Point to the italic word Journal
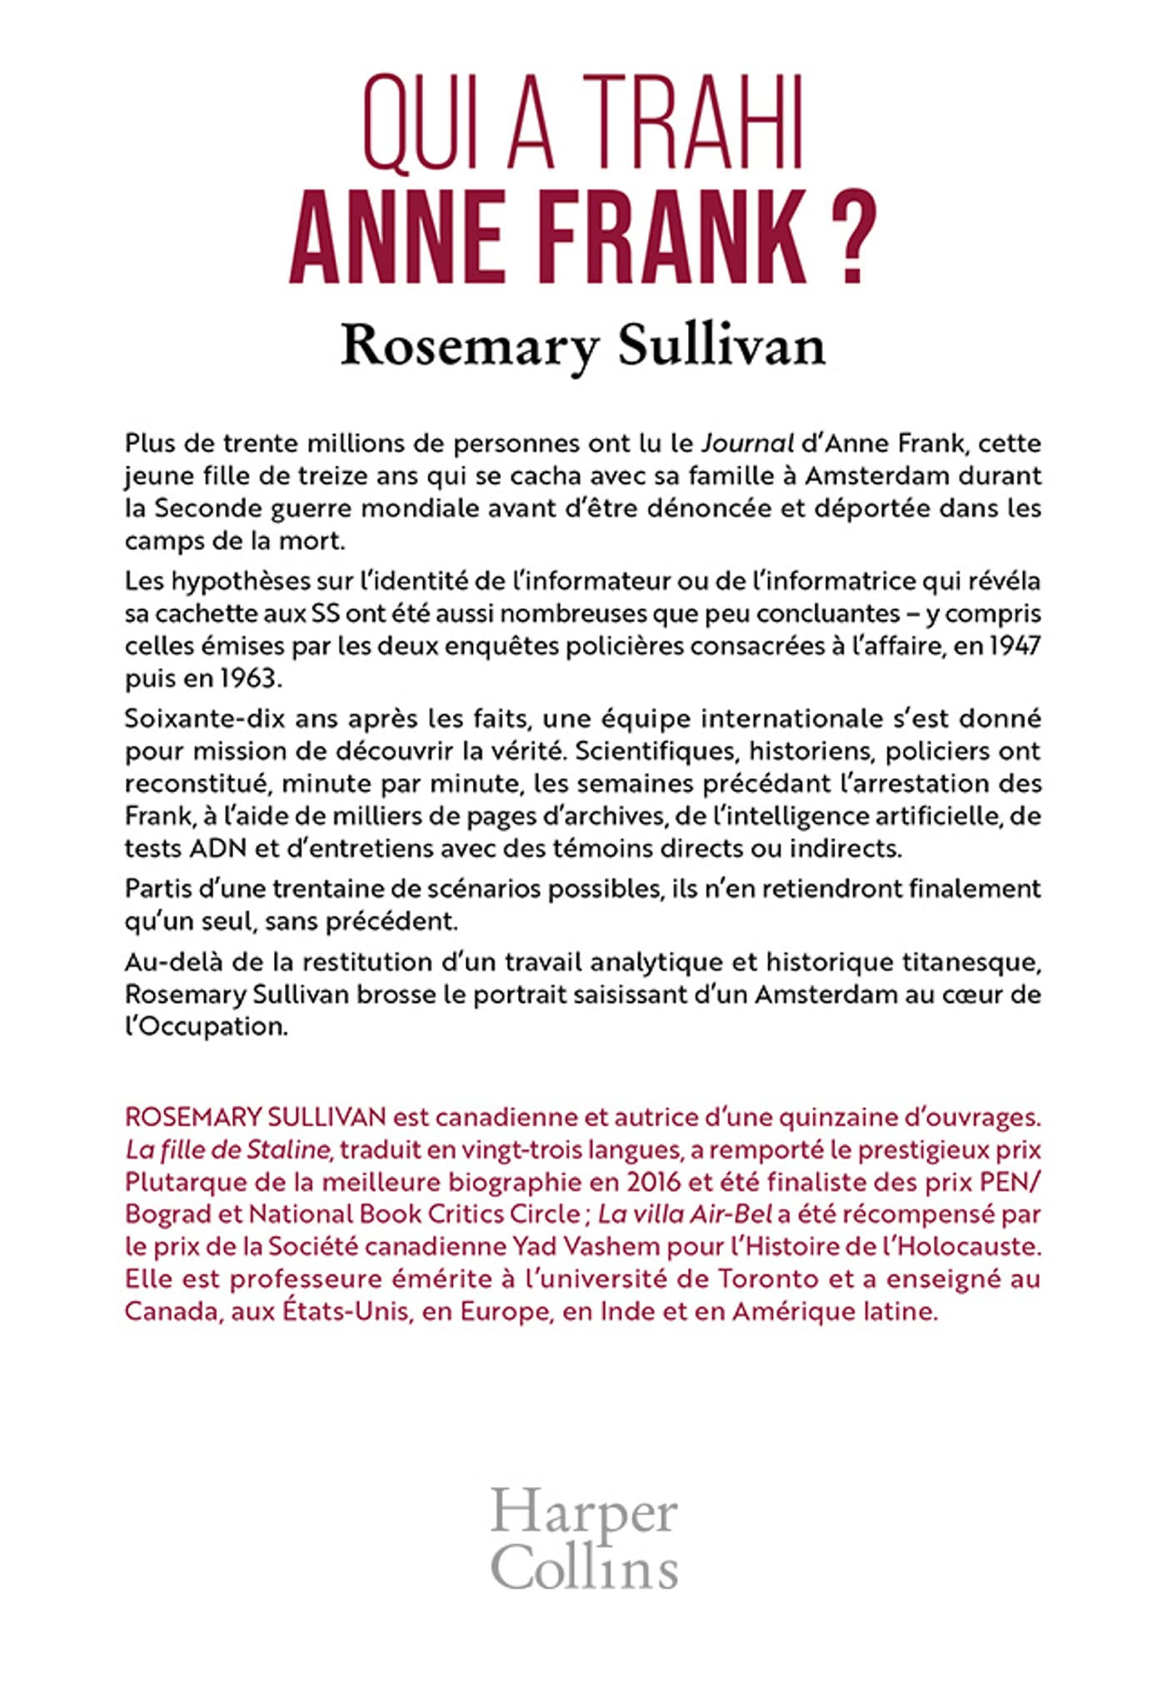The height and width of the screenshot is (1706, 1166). click(x=746, y=443)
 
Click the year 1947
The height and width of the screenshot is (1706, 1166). click(x=1014, y=646)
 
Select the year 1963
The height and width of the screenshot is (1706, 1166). click(x=247, y=678)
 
